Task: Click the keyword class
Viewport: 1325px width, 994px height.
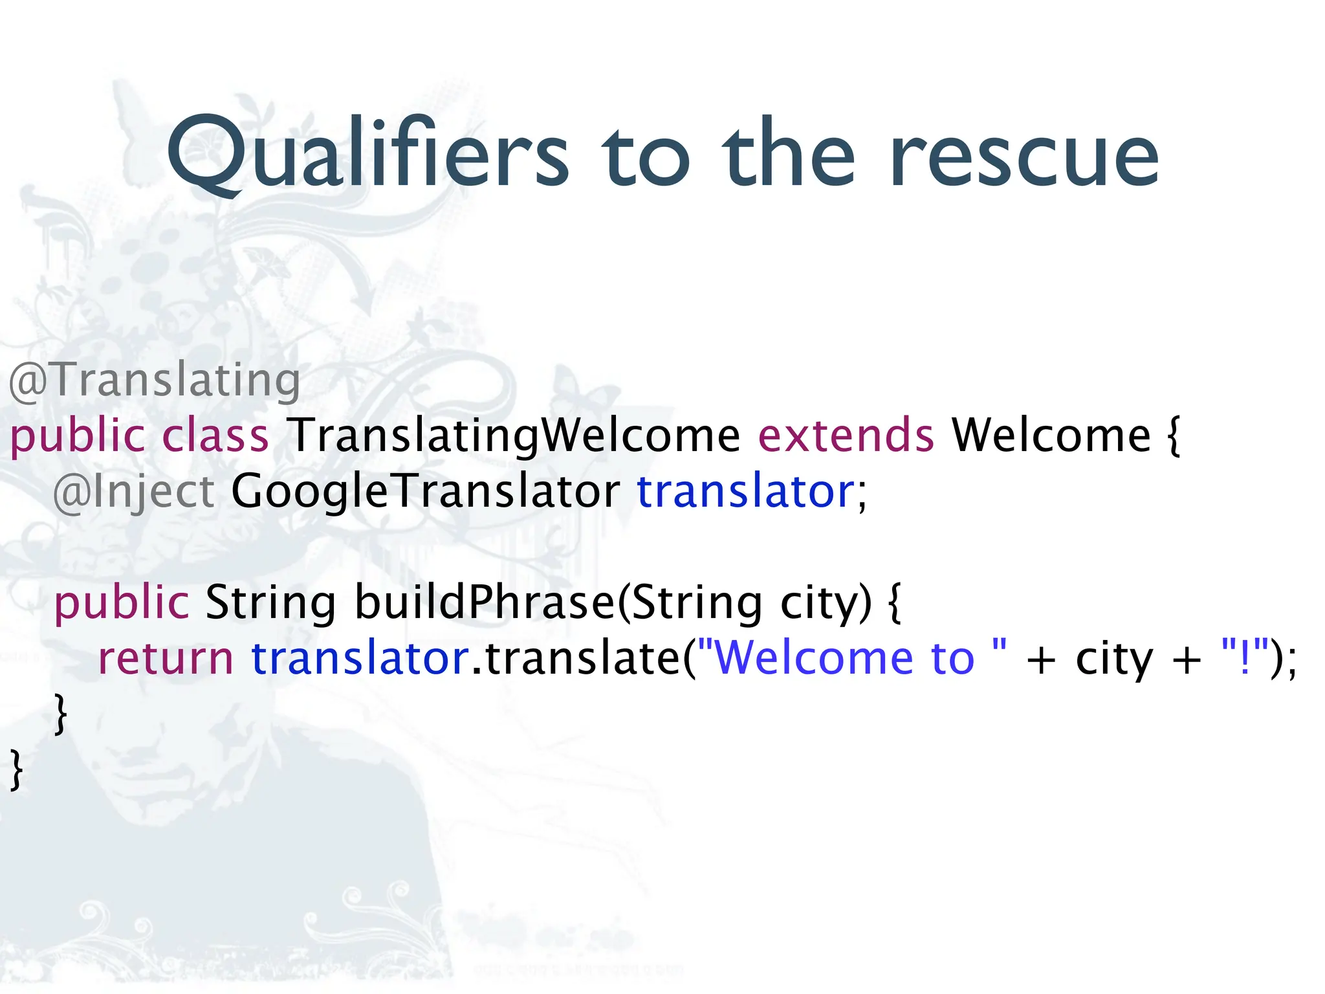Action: [x=215, y=436]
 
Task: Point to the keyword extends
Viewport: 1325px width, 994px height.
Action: [x=846, y=436]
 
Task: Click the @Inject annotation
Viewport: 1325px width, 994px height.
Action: [x=134, y=492]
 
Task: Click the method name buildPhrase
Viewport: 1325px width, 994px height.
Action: [x=485, y=602]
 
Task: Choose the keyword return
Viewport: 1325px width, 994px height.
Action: [x=165, y=659]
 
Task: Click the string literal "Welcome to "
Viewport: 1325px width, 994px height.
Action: [x=853, y=659]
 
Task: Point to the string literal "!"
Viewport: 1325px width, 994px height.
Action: [x=1244, y=659]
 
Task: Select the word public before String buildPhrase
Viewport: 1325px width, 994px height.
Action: [x=121, y=602]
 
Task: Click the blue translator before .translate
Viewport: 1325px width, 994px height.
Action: [x=360, y=659]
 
